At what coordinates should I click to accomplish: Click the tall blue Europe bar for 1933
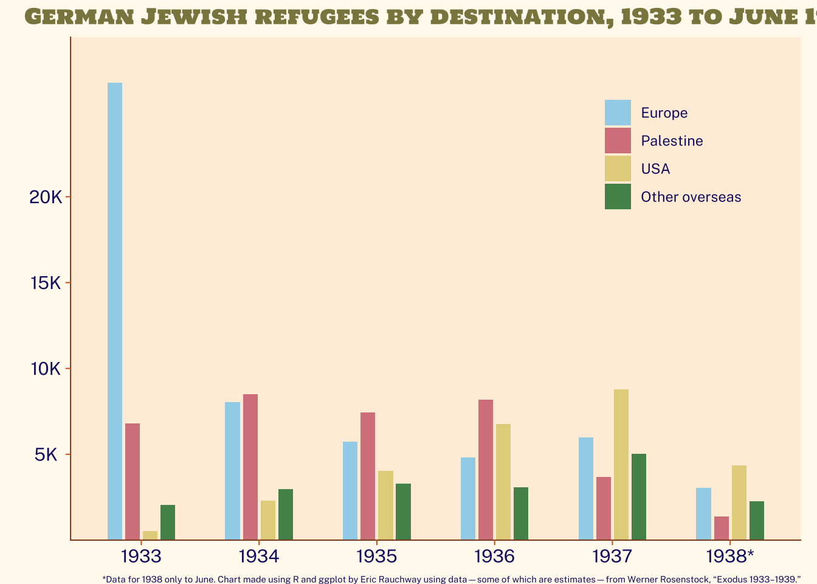click(x=115, y=310)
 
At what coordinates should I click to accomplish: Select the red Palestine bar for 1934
click(x=250, y=467)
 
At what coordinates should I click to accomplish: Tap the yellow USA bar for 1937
click(x=621, y=464)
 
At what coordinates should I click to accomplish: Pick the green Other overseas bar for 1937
click(x=639, y=496)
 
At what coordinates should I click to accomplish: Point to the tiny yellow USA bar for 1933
click(x=150, y=535)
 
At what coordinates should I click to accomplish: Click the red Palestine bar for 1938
click(x=722, y=528)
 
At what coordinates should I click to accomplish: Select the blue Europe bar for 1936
click(x=468, y=498)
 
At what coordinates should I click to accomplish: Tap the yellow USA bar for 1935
click(x=386, y=505)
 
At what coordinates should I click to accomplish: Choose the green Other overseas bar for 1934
click(x=286, y=514)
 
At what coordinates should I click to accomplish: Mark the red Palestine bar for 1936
click(x=486, y=470)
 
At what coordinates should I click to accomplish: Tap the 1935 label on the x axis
click(x=376, y=556)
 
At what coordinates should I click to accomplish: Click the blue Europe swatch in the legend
click(x=618, y=113)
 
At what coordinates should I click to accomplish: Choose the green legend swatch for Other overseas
click(x=618, y=196)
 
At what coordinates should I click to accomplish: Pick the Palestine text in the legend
click(x=672, y=141)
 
